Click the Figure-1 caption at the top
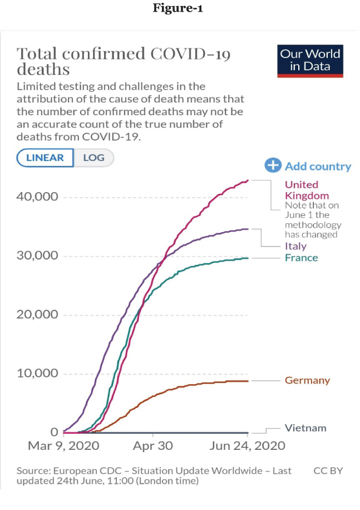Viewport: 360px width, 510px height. (180, 9)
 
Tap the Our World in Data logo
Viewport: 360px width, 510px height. (310, 61)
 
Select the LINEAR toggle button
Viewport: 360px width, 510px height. (45, 158)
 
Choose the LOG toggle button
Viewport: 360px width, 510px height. (93, 158)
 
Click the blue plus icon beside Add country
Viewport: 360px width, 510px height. (273, 165)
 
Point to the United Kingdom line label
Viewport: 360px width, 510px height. (307, 190)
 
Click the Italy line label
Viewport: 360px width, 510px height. (295, 246)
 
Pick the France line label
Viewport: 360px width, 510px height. (301, 258)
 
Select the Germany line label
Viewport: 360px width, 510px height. (307, 381)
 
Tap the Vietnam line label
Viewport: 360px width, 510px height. (305, 428)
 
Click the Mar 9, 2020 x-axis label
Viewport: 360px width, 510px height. (64, 446)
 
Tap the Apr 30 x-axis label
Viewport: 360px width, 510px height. (153, 446)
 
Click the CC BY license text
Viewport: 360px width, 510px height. (328, 471)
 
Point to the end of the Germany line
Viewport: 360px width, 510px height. (248, 381)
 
